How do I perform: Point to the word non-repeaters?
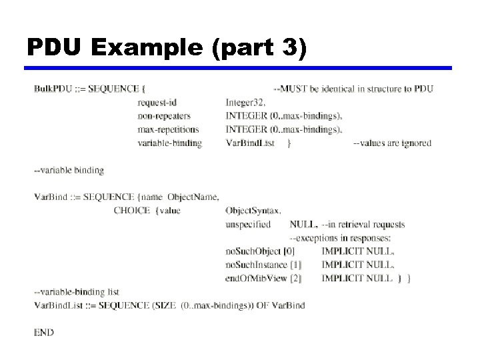[x=164, y=115]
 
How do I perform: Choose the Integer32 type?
[x=245, y=102]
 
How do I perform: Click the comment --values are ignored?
[x=392, y=143]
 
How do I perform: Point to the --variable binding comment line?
[x=69, y=170]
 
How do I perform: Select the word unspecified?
[x=248, y=224]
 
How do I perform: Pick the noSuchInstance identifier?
[x=256, y=265]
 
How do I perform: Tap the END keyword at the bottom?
[x=44, y=332]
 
